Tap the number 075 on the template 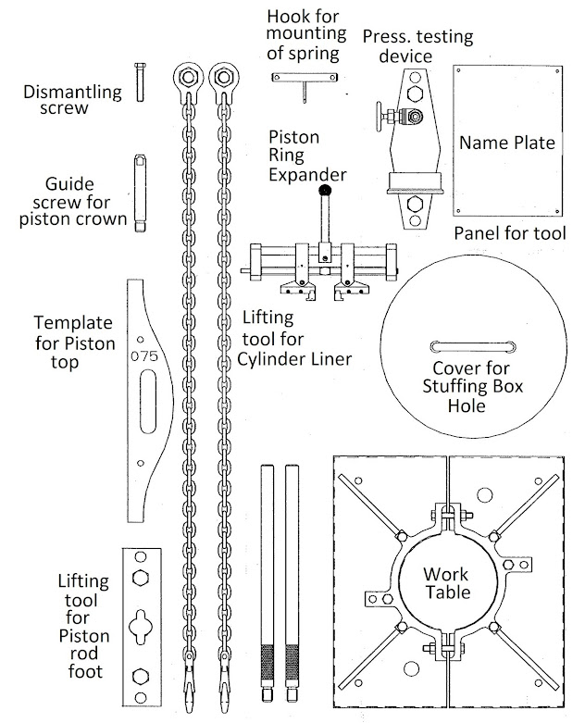click(146, 355)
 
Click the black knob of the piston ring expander click(324, 191)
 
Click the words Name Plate click(507, 143)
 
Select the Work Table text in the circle click(447, 582)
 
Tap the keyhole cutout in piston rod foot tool click(142, 623)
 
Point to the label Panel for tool click(509, 233)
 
